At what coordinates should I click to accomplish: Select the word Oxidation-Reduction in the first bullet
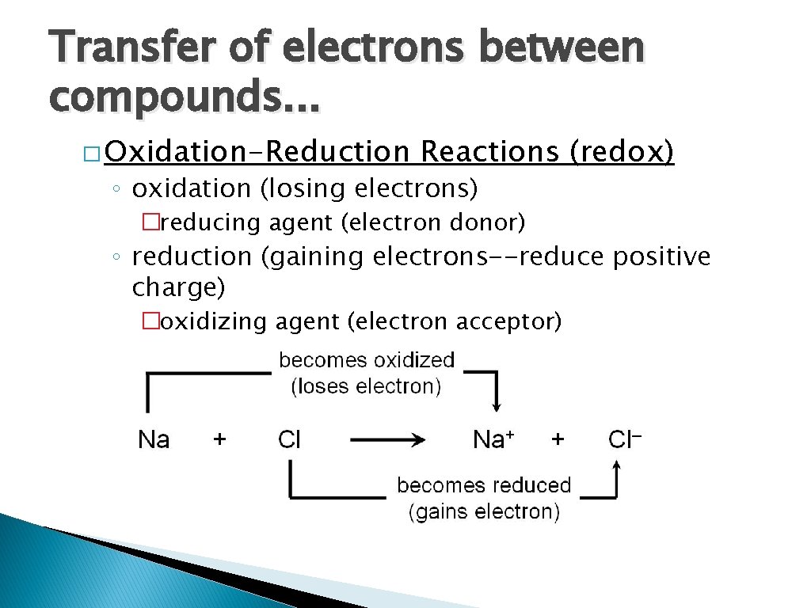click(256, 151)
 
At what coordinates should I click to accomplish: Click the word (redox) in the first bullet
click(622, 151)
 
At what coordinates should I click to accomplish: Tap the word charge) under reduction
click(179, 287)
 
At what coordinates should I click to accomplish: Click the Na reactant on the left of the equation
click(154, 439)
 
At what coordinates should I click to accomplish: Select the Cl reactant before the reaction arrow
click(289, 439)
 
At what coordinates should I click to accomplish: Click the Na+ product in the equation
click(493, 439)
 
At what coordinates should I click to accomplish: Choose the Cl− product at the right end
click(624, 439)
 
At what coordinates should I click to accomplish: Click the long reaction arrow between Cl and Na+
click(388, 440)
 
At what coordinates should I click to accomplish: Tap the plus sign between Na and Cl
click(219, 439)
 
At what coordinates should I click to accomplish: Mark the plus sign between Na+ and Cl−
click(558, 439)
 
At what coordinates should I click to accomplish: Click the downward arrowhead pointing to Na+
click(496, 405)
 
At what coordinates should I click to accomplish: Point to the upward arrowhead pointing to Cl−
click(616, 470)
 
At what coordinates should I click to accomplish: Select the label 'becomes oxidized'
click(367, 361)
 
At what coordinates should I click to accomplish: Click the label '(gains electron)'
click(484, 512)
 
